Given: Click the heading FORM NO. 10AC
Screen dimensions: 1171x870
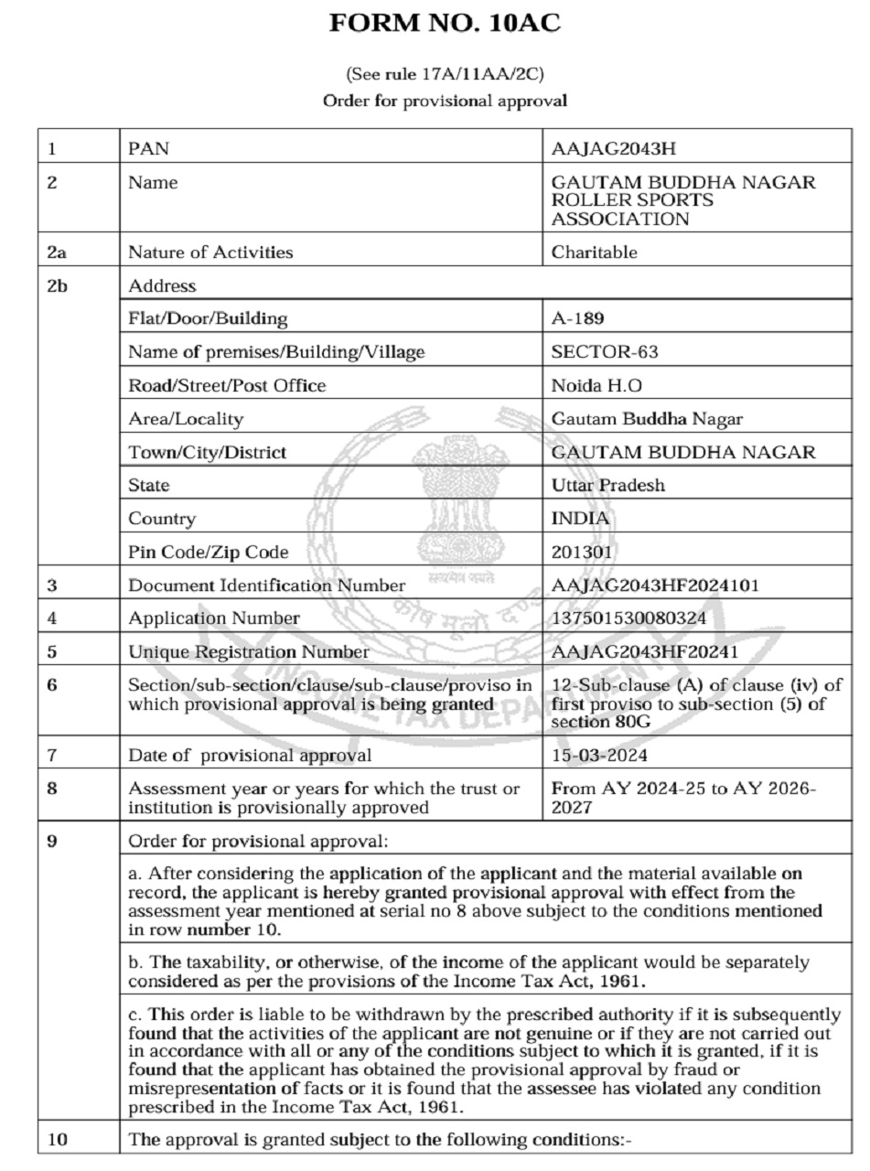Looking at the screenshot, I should tap(445, 24).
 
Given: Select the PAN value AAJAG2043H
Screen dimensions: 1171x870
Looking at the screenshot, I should tap(614, 149).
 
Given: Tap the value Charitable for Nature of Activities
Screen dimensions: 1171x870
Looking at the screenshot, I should tap(594, 252).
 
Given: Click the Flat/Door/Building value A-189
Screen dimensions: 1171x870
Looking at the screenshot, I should tap(577, 319).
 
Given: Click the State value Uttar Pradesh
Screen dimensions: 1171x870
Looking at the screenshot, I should tap(608, 486).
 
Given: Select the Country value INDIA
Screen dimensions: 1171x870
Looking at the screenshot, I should tap(580, 519).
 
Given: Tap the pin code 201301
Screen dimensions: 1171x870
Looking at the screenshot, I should tap(582, 553).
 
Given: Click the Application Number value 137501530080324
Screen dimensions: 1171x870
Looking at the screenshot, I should tap(628, 618).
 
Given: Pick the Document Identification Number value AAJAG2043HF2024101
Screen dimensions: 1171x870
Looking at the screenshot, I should tap(655, 585).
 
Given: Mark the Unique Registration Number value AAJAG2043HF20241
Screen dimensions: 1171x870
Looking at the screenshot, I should tap(644, 652).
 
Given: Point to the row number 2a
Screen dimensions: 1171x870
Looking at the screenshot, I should tap(57, 252).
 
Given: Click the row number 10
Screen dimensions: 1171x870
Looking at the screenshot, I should tap(58, 1140).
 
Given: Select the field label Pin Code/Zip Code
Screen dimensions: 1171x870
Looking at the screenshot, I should tap(208, 553).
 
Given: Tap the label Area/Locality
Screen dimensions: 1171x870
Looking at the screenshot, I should tap(186, 419).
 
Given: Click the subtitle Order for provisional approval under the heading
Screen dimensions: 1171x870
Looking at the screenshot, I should tap(445, 101).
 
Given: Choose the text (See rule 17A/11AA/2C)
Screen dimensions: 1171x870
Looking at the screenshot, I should tap(445, 74).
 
